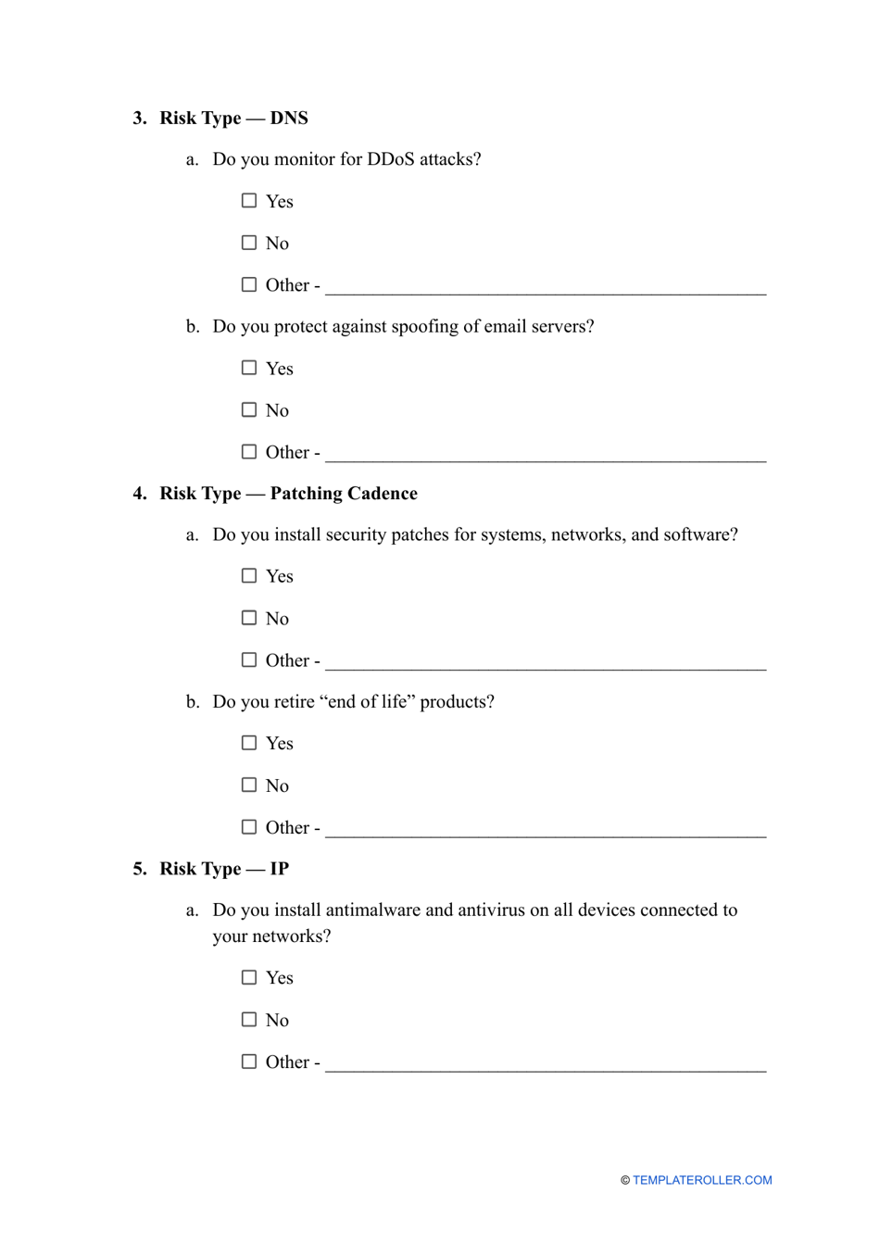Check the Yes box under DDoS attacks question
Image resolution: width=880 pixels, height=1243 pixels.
click(249, 201)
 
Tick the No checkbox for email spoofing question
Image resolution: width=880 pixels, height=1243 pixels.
click(249, 409)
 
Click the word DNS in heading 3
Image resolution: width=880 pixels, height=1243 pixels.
click(289, 119)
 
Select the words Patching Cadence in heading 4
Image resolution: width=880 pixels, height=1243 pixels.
click(344, 494)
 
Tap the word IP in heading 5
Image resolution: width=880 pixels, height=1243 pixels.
click(280, 869)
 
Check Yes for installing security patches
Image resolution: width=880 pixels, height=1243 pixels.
click(249, 576)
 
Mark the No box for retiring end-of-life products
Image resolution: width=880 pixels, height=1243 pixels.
click(249, 785)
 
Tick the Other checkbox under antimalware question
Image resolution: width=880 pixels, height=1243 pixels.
click(249, 1061)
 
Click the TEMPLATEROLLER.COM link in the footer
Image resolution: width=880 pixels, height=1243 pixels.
click(702, 1180)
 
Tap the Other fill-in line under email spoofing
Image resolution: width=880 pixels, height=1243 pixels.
click(546, 457)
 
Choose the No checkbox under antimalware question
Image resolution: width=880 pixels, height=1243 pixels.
click(249, 1020)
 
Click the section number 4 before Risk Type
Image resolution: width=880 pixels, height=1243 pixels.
click(139, 494)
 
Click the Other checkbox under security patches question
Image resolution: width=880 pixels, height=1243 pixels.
click(249, 660)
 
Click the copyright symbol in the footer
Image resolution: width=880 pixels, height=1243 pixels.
click(625, 1181)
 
